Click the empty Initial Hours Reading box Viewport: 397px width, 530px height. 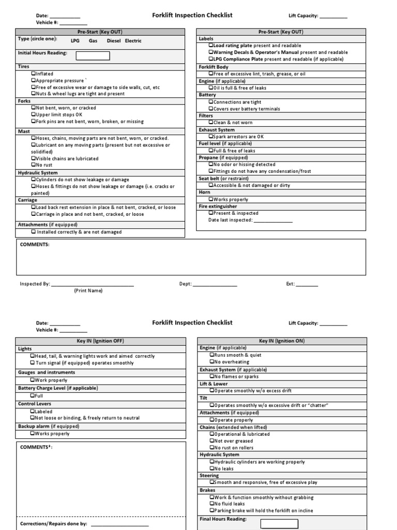(x=93, y=55)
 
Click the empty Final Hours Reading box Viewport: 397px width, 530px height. (x=279, y=523)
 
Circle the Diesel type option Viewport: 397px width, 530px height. (x=114, y=41)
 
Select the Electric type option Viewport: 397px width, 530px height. (x=133, y=41)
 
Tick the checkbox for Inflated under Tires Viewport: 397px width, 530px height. (x=33, y=74)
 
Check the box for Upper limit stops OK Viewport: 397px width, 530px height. (x=33, y=115)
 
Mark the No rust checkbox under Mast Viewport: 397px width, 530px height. (x=33, y=165)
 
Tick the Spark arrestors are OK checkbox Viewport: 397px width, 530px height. (x=211, y=137)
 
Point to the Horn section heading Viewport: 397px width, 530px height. (x=205, y=192)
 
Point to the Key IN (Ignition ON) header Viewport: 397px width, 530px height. (x=282, y=341)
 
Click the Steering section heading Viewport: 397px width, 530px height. (x=209, y=475)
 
